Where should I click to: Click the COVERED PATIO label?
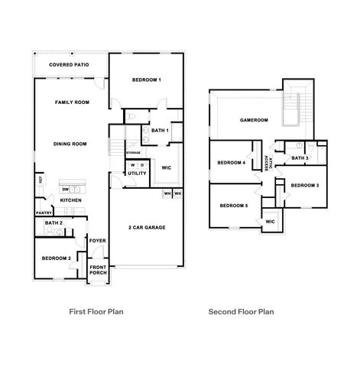tap(70, 65)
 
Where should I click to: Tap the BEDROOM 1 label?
tap(146, 80)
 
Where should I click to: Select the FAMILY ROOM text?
tap(72, 102)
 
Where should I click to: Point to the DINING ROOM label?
tap(70, 144)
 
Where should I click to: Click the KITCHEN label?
tap(71, 200)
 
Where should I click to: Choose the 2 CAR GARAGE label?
tap(146, 227)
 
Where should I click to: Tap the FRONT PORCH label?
tap(98, 270)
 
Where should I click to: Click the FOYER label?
tap(97, 241)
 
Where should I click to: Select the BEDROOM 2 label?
tap(56, 258)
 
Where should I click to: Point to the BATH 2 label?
tap(54, 223)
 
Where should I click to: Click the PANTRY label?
tap(43, 213)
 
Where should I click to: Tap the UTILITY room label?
tap(137, 174)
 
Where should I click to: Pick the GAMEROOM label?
tap(253, 120)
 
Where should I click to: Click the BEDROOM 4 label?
tap(231, 162)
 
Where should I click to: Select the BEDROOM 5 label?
tap(233, 205)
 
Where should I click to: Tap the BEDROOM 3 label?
tap(305, 185)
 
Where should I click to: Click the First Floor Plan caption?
tap(96, 312)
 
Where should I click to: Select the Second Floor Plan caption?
tap(241, 312)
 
